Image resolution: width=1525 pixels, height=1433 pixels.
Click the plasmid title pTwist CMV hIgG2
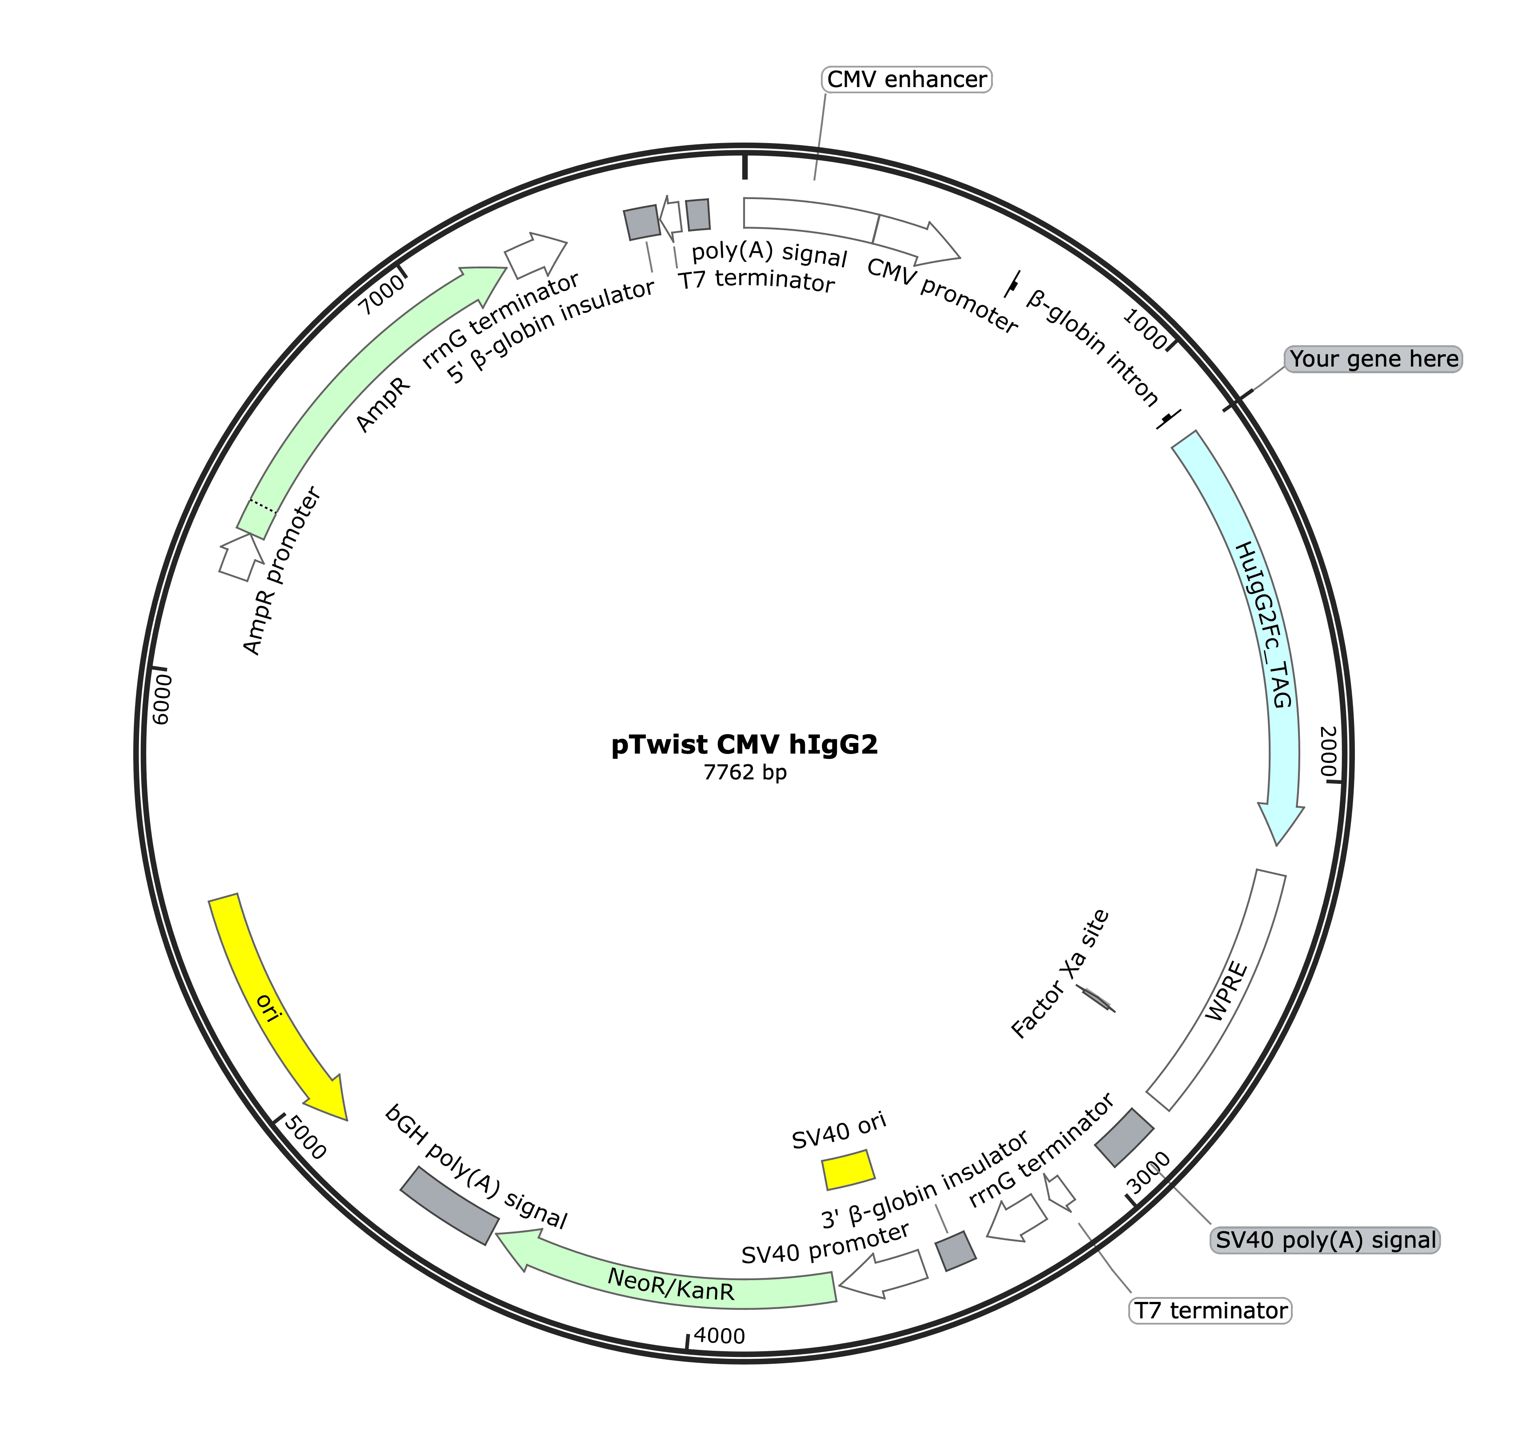[744, 744]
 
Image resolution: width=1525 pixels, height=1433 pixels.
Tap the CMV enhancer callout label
[907, 80]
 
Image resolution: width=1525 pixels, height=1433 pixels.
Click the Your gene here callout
[1373, 359]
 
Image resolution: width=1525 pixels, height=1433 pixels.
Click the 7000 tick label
[381, 294]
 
